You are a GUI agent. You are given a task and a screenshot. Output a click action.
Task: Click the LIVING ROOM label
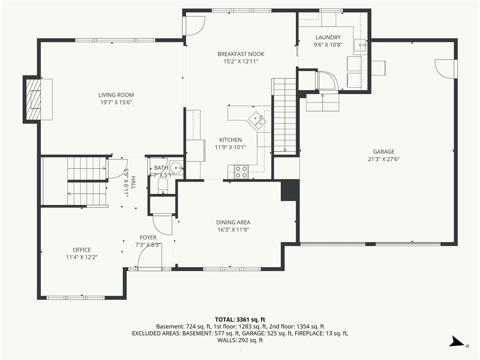116,95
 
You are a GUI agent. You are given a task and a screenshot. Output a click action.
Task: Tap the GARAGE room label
383,151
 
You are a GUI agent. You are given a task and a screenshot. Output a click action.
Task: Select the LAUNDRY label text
328,37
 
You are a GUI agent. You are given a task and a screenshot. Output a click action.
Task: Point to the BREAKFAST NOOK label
240,54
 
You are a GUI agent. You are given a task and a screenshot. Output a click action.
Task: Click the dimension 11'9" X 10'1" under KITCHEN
231,147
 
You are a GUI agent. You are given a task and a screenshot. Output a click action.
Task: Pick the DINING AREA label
233,222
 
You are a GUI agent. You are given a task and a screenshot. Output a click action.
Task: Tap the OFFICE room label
82,250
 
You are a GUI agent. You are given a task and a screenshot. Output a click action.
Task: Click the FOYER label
148,238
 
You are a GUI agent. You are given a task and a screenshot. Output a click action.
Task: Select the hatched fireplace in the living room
33,99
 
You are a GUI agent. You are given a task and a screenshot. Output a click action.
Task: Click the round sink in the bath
176,168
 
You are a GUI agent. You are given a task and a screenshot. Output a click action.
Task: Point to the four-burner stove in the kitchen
241,172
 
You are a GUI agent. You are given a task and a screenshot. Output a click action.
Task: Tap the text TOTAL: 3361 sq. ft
240,320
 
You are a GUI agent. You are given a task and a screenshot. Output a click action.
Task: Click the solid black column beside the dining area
290,190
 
